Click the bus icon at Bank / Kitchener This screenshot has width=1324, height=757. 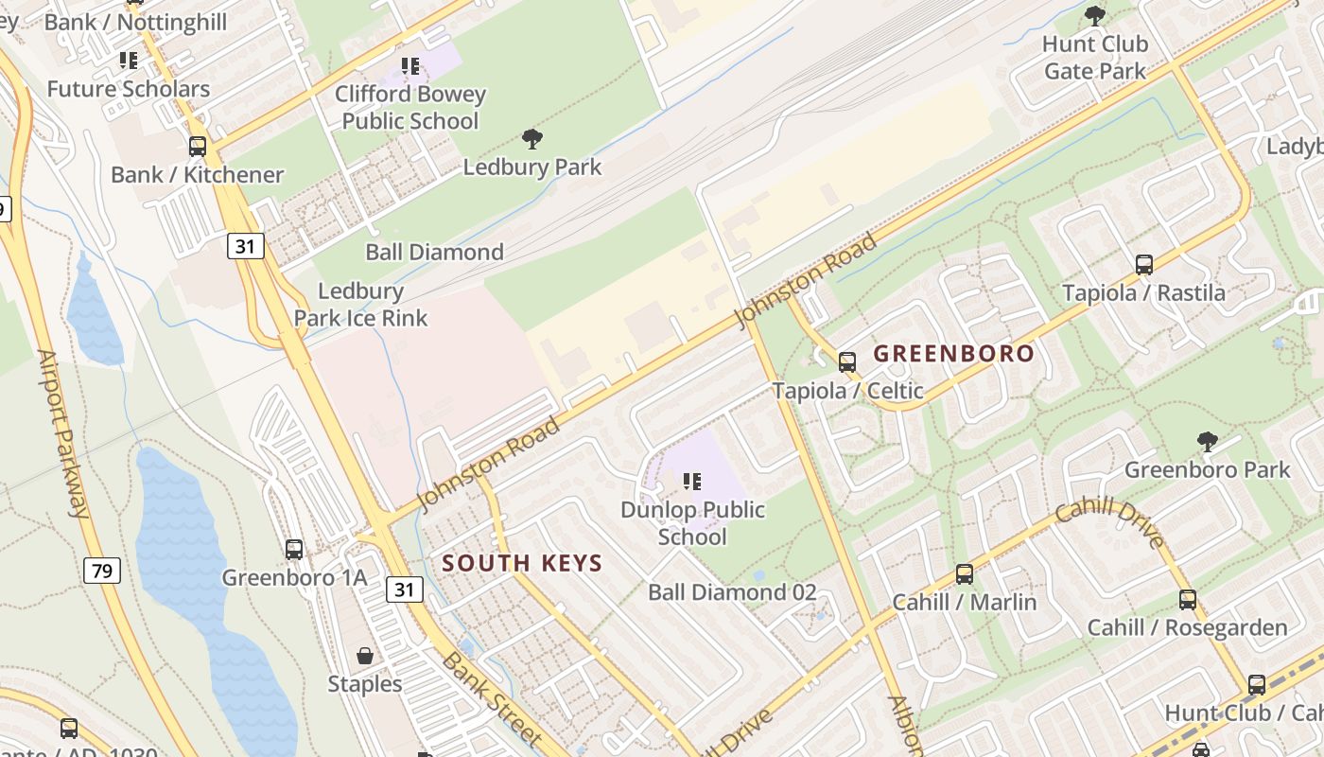coord(198,147)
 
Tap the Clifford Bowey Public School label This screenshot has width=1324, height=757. coord(410,107)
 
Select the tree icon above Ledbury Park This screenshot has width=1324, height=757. coord(532,140)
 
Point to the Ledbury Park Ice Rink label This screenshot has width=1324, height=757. coord(361,305)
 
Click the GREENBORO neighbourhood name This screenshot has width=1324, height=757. coord(953,354)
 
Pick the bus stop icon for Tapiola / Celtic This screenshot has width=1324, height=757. coord(847,362)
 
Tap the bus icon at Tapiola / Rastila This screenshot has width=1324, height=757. coord(1144,265)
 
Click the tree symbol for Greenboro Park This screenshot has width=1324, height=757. coord(1207,442)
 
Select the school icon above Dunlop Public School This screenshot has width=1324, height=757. coord(692,482)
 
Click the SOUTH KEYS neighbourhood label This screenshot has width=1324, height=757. coord(522,563)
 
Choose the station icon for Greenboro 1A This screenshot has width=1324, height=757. coord(294,550)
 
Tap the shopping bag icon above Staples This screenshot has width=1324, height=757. coord(364,656)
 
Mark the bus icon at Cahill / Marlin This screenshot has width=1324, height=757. coord(965,574)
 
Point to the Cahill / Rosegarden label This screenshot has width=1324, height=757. coord(1187,627)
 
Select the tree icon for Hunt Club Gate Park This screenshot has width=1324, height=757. coord(1095,16)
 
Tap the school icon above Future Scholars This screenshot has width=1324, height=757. coord(129,62)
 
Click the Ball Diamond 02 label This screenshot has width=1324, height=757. coord(732,592)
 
